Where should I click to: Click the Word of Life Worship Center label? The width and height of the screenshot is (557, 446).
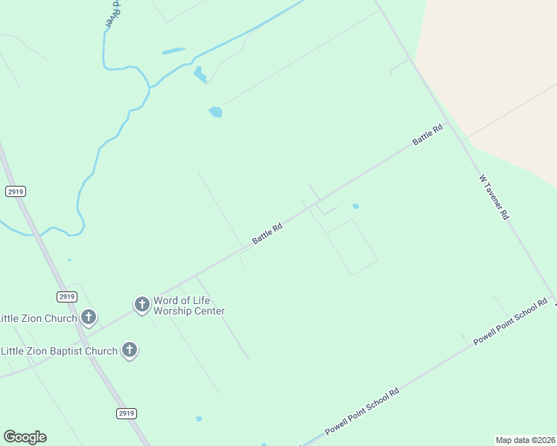pyautogui.click(x=189, y=306)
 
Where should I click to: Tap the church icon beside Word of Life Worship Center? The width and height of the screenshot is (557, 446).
pyautogui.click(x=142, y=304)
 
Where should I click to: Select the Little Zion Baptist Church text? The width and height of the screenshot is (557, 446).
pyautogui.click(x=59, y=351)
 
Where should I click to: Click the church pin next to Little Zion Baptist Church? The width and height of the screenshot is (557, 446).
pyautogui.click(x=130, y=349)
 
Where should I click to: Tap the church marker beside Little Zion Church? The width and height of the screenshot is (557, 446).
pyautogui.click(x=89, y=317)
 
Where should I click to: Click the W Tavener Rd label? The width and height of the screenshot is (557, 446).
pyautogui.click(x=494, y=197)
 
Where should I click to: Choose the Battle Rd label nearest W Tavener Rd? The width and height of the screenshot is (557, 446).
pyautogui.click(x=427, y=135)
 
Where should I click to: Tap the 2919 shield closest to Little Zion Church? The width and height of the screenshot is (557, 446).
pyautogui.click(x=66, y=297)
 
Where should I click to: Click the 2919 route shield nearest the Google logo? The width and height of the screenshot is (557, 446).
pyautogui.click(x=127, y=413)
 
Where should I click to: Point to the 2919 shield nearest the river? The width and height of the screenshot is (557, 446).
pyautogui.click(x=15, y=191)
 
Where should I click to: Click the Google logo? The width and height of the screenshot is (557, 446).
pyautogui.click(x=25, y=436)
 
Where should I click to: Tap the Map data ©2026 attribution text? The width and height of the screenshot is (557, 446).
pyautogui.click(x=525, y=440)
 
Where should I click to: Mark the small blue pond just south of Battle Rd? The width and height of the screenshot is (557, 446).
pyautogui.click(x=355, y=206)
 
